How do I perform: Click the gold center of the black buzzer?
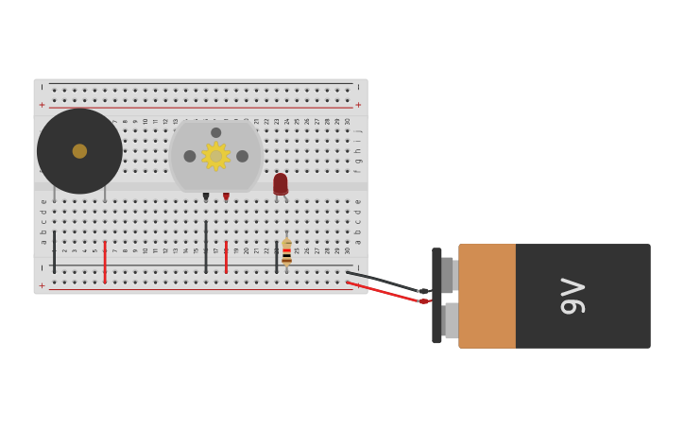79,151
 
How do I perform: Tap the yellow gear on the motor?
215,156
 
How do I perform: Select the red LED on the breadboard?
280,183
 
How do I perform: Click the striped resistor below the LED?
286,252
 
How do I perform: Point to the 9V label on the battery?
573,296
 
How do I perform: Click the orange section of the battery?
488,296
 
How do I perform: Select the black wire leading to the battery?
383,281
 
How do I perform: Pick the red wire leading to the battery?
383,292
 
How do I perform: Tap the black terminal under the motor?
206,197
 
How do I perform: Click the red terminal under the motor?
226,197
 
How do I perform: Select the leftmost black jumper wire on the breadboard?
54,251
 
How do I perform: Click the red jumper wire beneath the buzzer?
105,261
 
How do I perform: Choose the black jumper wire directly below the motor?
206,248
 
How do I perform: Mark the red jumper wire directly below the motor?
226,257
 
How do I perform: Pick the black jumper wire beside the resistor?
276,257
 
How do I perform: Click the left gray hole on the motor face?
190,156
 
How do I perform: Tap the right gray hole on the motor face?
242,156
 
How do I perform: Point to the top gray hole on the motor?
215,132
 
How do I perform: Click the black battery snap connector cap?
437,296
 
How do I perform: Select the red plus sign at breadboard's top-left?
42,105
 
